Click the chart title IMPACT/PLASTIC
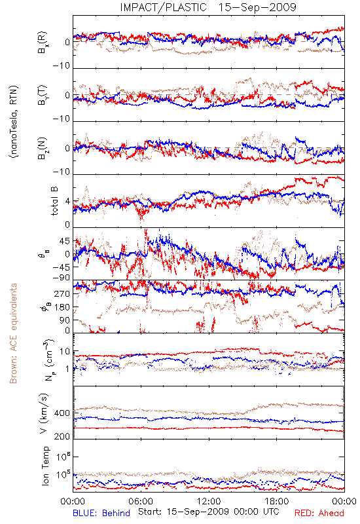pos(163,7)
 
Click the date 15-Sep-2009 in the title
pos(257,7)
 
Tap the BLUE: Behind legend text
pos(101,513)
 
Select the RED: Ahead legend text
pos(319,513)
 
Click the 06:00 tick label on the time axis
pos(141,502)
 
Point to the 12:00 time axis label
pos(209,502)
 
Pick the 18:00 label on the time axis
pos(277,502)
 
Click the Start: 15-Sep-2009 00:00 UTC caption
pos(208,512)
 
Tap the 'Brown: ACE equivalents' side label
pos(13,333)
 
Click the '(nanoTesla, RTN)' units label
pos(14,122)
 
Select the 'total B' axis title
pos(54,201)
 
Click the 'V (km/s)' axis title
pos(44,414)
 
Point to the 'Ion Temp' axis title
pos(45,466)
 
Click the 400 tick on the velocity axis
pos(62,413)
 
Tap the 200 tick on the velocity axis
pos(62,436)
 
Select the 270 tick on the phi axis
pos(62,293)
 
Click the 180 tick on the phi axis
pos(62,307)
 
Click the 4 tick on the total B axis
pos(67,202)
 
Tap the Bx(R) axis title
pos(43,43)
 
